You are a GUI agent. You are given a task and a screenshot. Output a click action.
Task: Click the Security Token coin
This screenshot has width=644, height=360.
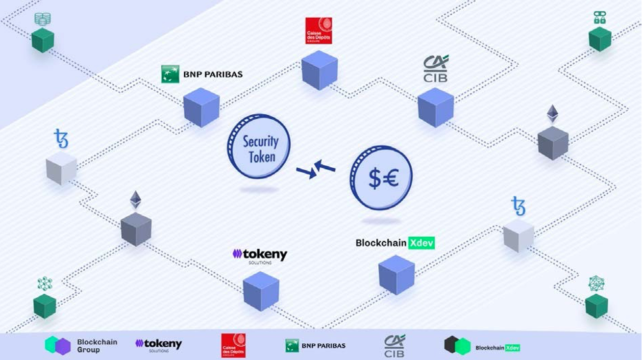click(259, 146)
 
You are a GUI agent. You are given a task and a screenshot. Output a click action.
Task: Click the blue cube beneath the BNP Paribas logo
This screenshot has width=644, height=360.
click(201, 107)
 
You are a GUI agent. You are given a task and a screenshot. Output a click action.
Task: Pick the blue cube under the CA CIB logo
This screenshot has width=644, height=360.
click(435, 107)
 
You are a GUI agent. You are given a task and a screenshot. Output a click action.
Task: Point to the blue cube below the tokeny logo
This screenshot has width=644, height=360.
click(261, 290)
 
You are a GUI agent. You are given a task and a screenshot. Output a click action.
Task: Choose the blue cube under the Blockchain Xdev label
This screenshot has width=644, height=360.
click(396, 274)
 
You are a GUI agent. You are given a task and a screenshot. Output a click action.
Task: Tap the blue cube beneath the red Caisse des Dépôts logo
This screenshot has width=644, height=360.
click(320, 70)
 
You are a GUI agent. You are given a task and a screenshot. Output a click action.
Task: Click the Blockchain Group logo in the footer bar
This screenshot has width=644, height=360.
click(81, 346)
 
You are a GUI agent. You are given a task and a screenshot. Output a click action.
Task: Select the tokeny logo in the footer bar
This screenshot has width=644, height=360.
click(158, 345)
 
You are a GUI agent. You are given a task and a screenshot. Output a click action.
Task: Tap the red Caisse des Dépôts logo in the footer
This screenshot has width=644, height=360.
click(233, 345)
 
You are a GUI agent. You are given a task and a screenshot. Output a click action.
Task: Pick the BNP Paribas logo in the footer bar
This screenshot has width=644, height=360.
click(316, 346)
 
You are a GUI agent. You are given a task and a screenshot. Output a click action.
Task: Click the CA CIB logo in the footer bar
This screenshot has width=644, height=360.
click(395, 345)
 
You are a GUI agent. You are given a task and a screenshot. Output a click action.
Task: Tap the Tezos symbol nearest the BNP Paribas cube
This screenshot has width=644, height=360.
click(61, 139)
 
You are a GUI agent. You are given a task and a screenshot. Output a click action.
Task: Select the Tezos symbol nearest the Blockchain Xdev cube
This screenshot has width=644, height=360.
click(518, 206)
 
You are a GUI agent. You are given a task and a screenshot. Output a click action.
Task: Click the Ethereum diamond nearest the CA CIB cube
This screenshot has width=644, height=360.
click(552, 114)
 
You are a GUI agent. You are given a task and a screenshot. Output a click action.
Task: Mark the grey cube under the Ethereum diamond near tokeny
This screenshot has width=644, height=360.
click(136, 229)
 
